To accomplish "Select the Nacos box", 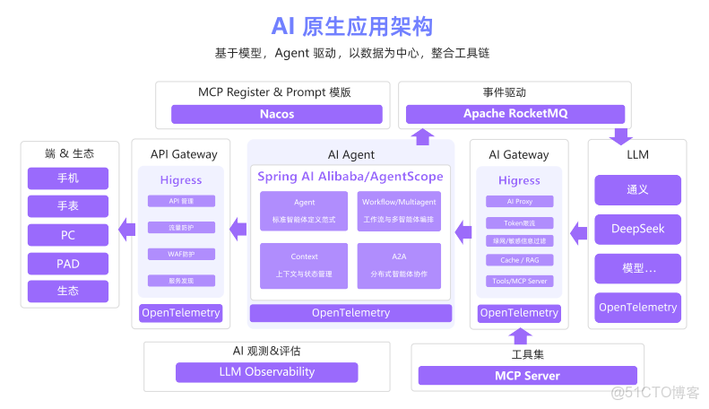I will pyautogui.click(x=277, y=114).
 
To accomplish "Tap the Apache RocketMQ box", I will pyautogui.click(x=514, y=114).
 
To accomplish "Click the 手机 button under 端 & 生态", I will pyautogui.click(x=68, y=178).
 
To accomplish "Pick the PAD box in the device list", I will pyautogui.click(x=68, y=264).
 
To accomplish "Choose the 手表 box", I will pyautogui.click(x=68, y=206).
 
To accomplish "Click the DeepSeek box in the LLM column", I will pyautogui.click(x=637, y=229).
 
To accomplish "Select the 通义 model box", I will pyautogui.click(x=637, y=190).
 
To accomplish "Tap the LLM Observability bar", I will pyautogui.click(x=266, y=372).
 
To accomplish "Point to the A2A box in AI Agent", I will pyautogui.click(x=399, y=265).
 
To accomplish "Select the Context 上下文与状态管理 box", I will pyautogui.click(x=304, y=265).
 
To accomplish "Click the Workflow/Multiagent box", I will pyautogui.click(x=399, y=211).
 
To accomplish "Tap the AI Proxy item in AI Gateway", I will pyautogui.click(x=520, y=202).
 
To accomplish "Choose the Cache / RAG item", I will pyautogui.click(x=520, y=260).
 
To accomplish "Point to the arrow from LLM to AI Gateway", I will pyautogui.click(x=579, y=233).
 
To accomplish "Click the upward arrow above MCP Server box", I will pyautogui.click(x=519, y=335).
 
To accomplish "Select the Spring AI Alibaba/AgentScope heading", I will pyautogui.click(x=350, y=177).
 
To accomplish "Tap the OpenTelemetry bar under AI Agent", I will pyautogui.click(x=350, y=313).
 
